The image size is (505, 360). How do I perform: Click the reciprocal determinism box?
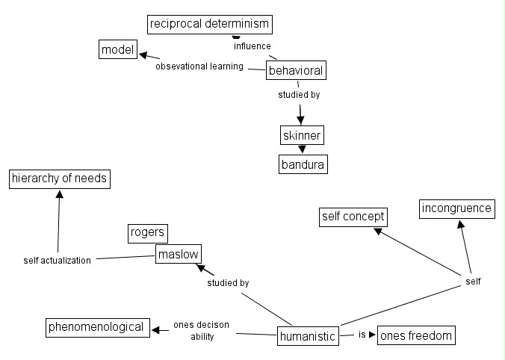coord(208,25)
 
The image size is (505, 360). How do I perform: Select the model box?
coord(117,50)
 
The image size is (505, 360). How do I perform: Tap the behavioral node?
coord(296,71)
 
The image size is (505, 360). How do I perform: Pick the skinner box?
coord(302,135)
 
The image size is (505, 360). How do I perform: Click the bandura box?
coord(303,164)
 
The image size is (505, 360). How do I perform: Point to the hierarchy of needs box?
coord(60,179)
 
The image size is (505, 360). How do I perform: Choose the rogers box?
coord(146,233)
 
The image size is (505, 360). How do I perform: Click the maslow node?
coord(179,255)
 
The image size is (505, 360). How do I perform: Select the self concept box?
coord(353,217)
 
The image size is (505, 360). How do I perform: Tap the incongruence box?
coord(456,208)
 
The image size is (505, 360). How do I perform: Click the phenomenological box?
coord(96,327)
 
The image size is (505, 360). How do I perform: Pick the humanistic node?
coord(307,336)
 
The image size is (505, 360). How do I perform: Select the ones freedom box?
coord(416,335)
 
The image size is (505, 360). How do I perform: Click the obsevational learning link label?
coord(199,66)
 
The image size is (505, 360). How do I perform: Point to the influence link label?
coord(252,46)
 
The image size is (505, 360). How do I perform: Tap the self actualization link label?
coord(58,261)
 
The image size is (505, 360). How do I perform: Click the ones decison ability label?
coord(201,331)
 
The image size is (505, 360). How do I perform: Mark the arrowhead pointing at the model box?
coord(143,55)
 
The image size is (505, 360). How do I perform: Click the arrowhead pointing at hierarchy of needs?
coord(60,193)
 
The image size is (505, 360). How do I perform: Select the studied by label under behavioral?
coord(299,95)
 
